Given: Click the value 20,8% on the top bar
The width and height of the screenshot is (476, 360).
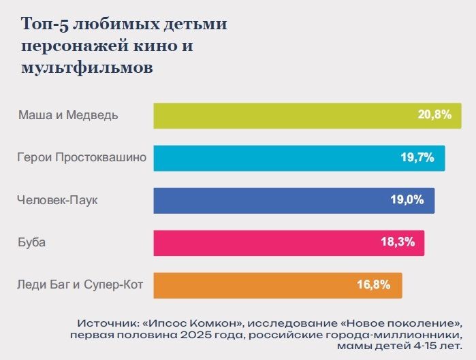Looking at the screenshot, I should (434, 115).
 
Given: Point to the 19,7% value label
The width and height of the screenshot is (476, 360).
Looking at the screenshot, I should (417, 158).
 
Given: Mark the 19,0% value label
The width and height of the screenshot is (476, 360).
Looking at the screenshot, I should (407, 200).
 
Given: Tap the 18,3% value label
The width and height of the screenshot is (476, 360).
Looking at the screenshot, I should (398, 243).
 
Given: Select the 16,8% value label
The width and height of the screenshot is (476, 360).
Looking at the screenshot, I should (374, 285).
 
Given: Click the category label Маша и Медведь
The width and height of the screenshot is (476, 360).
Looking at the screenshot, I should (68, 115).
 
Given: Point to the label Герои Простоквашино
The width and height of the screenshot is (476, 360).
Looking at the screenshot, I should (82, 158).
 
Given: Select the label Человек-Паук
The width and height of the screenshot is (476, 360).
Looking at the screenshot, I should (62, 200).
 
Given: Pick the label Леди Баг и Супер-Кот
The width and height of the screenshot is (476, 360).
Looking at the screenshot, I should (80, 285).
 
